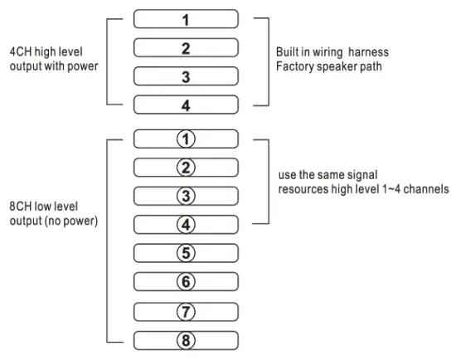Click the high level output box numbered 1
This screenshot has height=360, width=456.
coord(186,18)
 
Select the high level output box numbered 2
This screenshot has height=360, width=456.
coord(186,47)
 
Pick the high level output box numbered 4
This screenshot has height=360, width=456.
coord(186,105)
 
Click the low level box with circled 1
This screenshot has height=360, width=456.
coord(186,139)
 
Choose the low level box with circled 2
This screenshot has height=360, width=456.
coord(186,168)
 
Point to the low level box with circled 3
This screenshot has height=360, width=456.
coord(186,196)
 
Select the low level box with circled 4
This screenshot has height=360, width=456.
coord(186,224)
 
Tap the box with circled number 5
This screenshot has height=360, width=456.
coord(186,253)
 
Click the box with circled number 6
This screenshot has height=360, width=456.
coord(186,282)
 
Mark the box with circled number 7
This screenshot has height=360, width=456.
coord(186,311)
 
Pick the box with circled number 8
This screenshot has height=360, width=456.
coord(186,339)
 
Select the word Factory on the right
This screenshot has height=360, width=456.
coord(294,66)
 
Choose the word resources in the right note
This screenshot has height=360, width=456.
coord(303,190)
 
